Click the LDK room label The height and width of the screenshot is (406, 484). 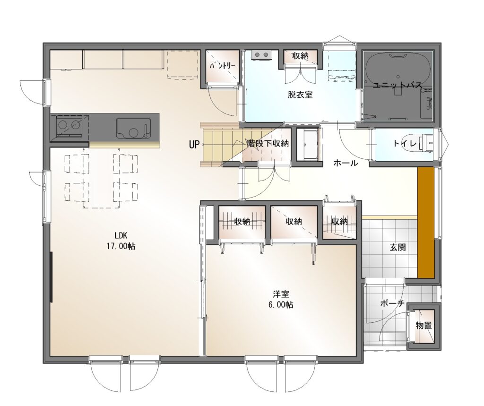tap(121, 235)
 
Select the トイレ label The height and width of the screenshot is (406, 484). tap(405, 144)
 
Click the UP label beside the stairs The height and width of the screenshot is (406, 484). tap(194, 144)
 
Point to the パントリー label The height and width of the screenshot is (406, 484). tap(222, 66)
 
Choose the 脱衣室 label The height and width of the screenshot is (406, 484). tap(300, 95)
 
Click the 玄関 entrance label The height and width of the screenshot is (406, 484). tap(398, 247)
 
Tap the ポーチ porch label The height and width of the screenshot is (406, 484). tap(392, 303)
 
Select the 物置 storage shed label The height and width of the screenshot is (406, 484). tap(423, 325)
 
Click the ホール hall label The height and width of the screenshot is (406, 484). tap(346, 163)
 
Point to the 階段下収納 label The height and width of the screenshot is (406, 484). tap(268, 143)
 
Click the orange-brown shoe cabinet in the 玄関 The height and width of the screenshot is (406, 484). tap(426, 223)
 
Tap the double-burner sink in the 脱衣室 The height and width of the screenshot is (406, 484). tap(261, 55)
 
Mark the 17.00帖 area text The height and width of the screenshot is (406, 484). tap(121, 246)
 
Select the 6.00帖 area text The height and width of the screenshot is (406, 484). tap(281, 305)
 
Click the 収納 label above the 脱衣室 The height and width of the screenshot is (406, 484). tap(300, 56)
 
